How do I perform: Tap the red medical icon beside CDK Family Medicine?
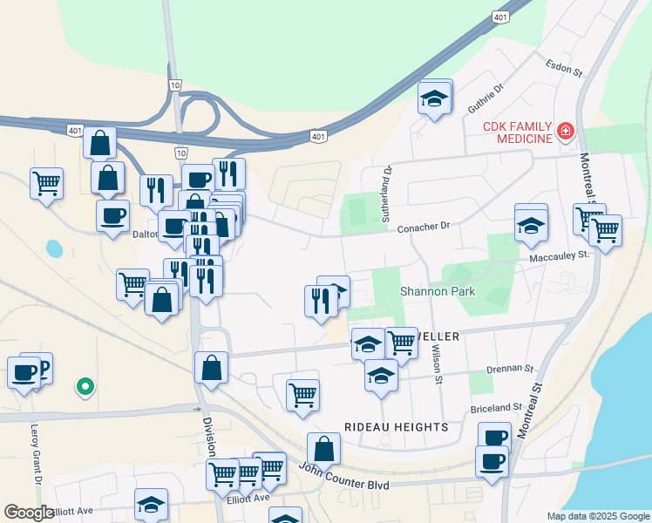(x=566, y=132)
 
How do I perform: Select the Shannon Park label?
(x=438, y=291)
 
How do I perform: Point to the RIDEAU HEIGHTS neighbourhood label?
(x=396, y=427)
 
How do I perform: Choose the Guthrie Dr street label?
(x=486, y=98)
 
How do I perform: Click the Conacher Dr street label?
(x=423, y=226)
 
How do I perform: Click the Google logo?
(x=28, y=513)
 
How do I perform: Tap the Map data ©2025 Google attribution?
(x=598, y=516)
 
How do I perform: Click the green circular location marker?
(x=85, y=385)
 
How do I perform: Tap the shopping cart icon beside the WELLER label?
(x=401, y=342)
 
